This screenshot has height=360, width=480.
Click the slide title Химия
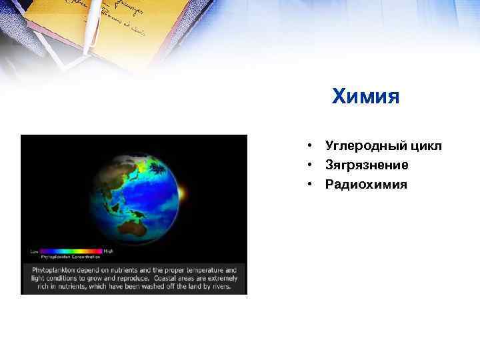pos(365,98)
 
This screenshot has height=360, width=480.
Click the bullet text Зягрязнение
pos(367,165)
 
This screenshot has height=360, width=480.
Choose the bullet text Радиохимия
pos(365,183)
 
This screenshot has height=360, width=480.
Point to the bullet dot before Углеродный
pos(311,146)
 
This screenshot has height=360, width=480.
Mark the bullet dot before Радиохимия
pos(311,183)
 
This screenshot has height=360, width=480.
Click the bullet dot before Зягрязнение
pos(311,165)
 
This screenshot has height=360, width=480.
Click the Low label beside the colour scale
pos(35,251)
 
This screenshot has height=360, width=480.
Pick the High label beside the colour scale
pos(108,251)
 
